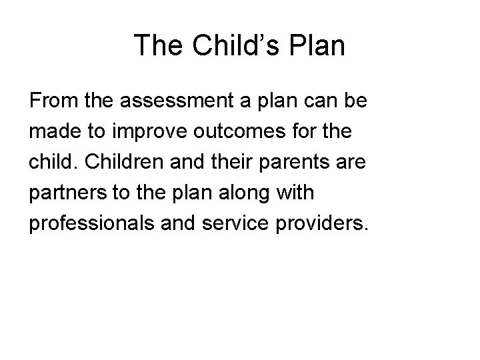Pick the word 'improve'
[145, 131]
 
